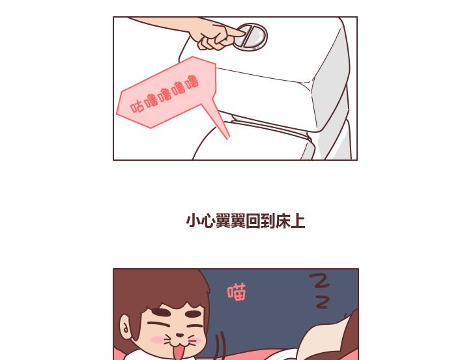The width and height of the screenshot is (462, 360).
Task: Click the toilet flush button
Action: pos(252,36)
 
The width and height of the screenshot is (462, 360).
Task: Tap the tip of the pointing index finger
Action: pos(244,33)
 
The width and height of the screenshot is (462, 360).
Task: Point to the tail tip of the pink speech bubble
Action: pos(228,139)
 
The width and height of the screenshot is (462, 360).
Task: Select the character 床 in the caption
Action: pos(283,221)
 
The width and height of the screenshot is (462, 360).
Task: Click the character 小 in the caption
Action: pos(193,221)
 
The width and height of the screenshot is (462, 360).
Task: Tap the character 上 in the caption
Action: pos(298,221)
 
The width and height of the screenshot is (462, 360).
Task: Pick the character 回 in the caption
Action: pos(253,221)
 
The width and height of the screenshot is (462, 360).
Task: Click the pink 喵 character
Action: pos(237,292)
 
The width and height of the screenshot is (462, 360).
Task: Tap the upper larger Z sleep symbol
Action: pos(319,281)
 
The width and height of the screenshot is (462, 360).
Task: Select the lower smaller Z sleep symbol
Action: pos(322,302)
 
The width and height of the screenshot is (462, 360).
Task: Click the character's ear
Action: pos(126,326)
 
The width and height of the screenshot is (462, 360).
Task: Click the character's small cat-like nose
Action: pos(179,335)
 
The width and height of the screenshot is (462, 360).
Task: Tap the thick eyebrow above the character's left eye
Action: pos(161,312)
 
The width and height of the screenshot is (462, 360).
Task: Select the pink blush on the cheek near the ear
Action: pos(158,340)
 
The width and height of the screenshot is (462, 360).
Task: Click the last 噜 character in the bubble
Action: pos(192,82)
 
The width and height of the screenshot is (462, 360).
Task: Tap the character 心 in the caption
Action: pos(208,221)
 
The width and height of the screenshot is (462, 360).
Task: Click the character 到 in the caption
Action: pos(268,221)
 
